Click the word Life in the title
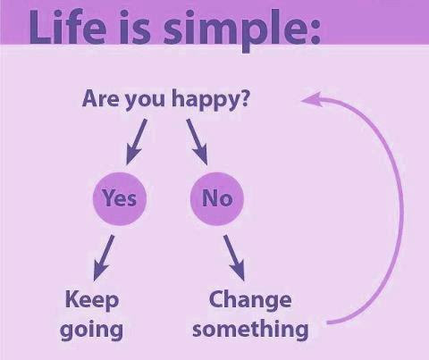coord(68,28)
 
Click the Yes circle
coord(120,198)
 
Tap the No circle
coord(217,198)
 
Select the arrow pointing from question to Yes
coord(137,142)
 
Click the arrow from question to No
coord(197,142)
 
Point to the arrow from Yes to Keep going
coord(104,258)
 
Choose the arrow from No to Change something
coord(234,258)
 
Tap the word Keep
coord(92,300)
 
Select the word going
coord(91,331)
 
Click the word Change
coord(250,300)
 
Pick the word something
coord(250,330)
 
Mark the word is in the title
coord(135,28)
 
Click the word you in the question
coord(145,101)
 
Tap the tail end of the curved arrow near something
coord(328,322)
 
